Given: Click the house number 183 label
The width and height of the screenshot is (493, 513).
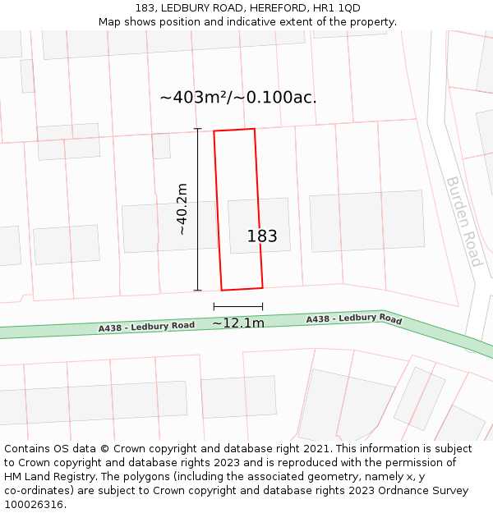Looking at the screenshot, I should [262, 236].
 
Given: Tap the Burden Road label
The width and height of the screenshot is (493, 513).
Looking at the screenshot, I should [463, 221].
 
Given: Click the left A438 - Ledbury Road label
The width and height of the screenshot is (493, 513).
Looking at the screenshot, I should [146, 327].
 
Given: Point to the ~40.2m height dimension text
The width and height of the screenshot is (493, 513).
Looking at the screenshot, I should [182, 209].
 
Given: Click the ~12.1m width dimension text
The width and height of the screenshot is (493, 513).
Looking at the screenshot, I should [238, 323].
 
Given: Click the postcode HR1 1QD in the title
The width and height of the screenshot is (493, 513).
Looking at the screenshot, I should [337, 8].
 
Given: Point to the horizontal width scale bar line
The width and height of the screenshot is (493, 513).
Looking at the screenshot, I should [238, 307].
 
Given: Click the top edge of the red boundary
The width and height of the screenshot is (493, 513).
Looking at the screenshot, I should [234, 130].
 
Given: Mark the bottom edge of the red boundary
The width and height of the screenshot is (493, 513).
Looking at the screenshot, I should [242, 288].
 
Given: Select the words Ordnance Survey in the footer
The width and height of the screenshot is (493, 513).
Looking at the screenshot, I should [427, 491].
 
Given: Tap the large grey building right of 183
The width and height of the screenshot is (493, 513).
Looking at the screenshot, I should [366, 221].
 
